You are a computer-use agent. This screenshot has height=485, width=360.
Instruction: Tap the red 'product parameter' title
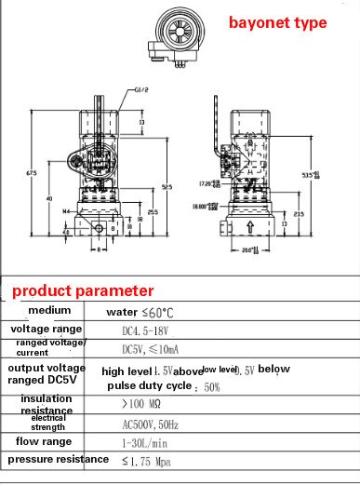coord(83,290)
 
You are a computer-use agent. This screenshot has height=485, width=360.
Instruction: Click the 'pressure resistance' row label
coord(58,460)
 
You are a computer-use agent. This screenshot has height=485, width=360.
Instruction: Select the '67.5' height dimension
coord(32,173)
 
